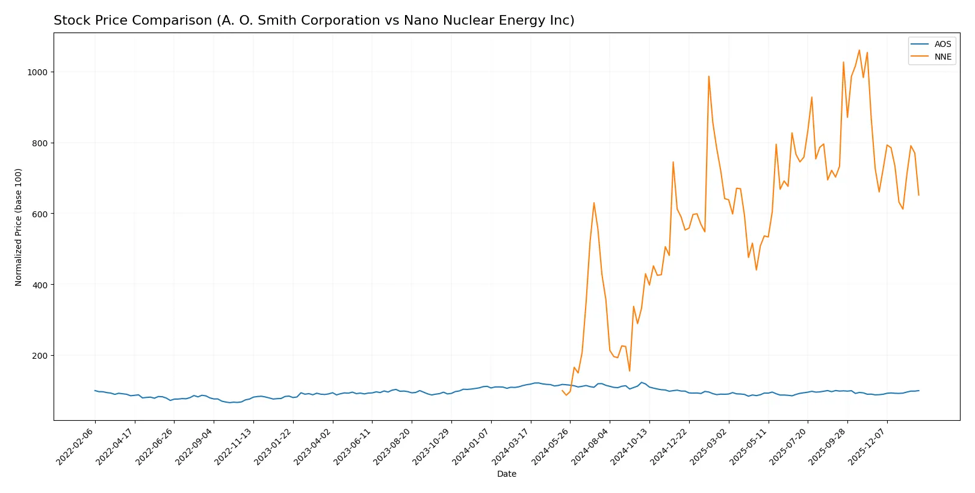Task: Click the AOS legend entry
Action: tap(942, 44)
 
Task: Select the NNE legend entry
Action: tap(942, 57)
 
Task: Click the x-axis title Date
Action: tap(506, 474)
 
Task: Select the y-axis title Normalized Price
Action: tap(19, 227)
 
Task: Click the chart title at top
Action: tap(314, 20)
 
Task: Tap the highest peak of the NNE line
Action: tap(859, 50)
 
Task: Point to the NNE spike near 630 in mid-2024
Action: tap(593, 203)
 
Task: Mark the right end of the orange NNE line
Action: tap(918, 195)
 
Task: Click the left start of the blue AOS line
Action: tap(94, 391)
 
